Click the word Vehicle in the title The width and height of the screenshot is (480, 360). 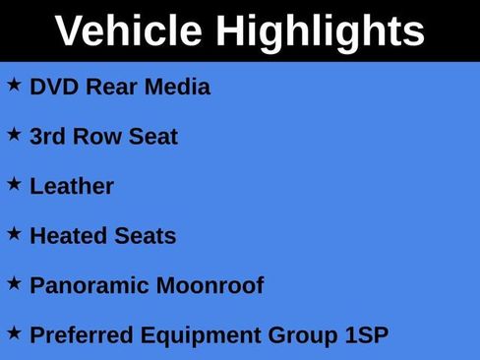coord(129,31)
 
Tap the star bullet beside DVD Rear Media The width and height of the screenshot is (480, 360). coord(14,85)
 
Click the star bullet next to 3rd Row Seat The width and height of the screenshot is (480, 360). coord(14,135)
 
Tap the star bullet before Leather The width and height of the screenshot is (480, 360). coord(14,184)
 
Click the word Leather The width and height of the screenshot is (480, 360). coord(72,186)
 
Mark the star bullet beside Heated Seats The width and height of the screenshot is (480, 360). coord(14,234)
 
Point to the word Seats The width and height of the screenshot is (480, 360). coord(146,236)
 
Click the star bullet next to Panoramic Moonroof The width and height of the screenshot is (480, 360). coord(14,283)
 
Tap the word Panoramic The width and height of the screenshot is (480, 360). coord(89,285)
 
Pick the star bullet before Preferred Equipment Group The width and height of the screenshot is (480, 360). coord(14,333)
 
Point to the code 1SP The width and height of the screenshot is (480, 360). coord(366,335)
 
